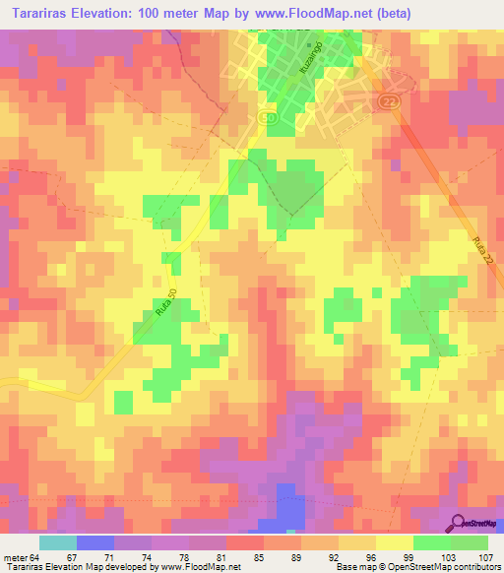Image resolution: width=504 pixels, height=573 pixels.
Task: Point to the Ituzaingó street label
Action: pos(303,64)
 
